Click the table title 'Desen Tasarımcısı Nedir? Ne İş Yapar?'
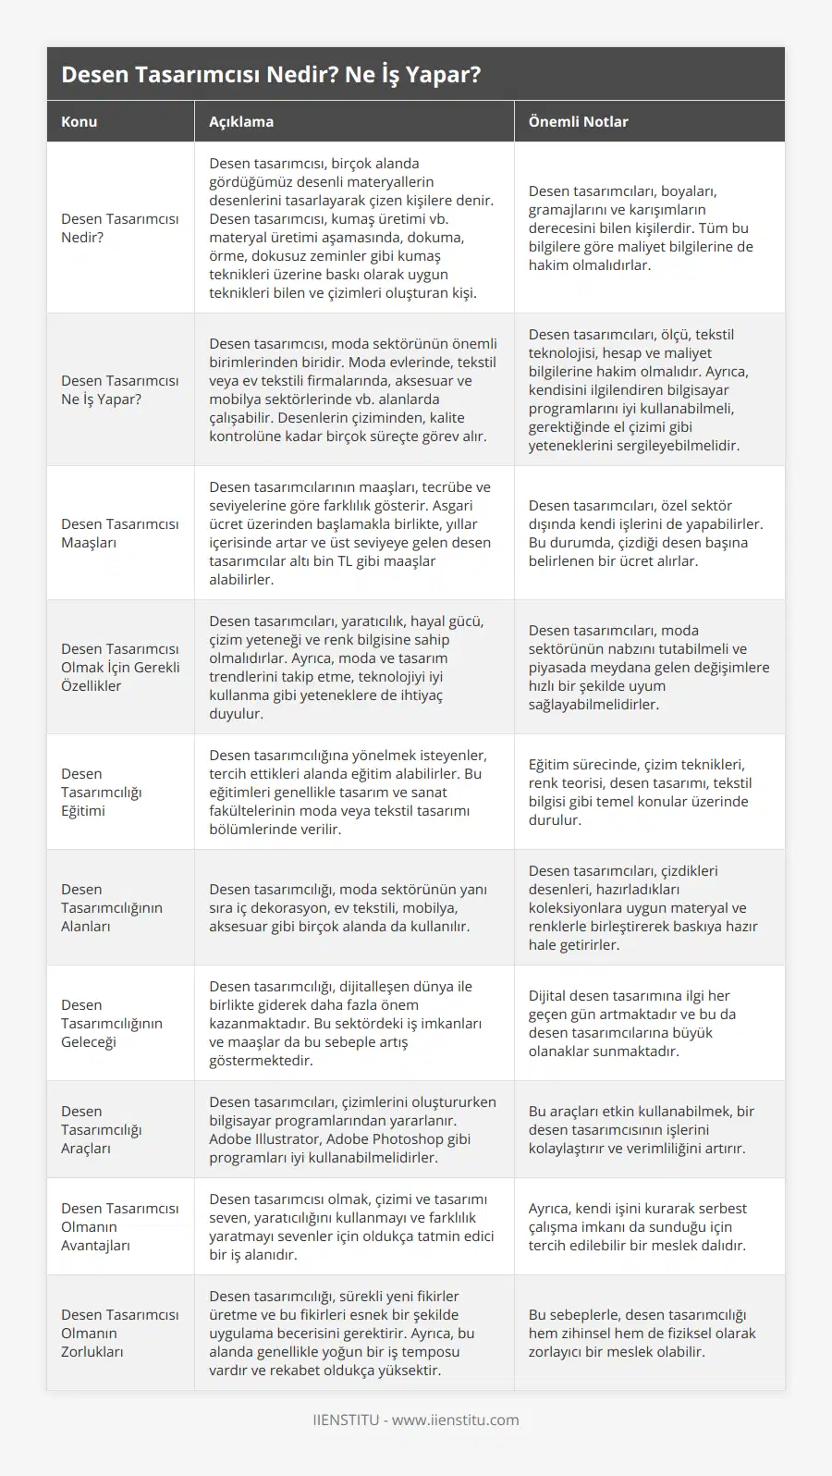pos(271,74)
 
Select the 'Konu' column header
pos(80,121)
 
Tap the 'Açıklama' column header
pos(241,121)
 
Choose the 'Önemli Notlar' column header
pos(578,121)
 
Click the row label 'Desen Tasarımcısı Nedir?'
pos(120,228)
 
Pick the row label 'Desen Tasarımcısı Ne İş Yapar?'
pos(120,389)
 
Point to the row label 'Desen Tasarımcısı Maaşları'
pos(120,533)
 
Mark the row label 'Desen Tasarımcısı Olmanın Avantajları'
pos(120,1226)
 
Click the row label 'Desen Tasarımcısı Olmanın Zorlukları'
pos(120,1333)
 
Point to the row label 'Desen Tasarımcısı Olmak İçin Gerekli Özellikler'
pos(120,667)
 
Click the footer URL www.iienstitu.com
pos(455,1420)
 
